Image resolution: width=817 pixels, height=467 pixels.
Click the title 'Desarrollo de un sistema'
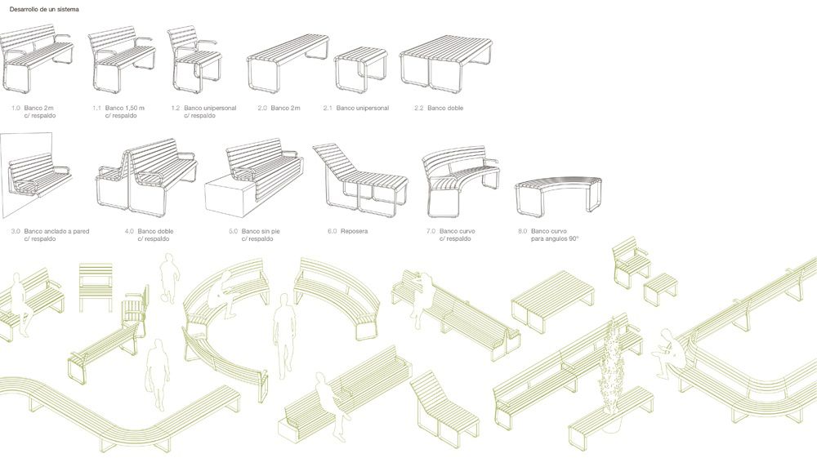coord(44,9)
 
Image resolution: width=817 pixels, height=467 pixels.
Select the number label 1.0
coord(16,109)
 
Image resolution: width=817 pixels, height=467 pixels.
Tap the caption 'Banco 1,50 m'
coord(125,109)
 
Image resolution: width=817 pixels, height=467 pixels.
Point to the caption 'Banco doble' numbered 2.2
coord(445,109)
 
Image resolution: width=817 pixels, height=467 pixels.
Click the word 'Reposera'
coord(355,231)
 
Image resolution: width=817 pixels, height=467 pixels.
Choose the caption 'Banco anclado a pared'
coord(57,231)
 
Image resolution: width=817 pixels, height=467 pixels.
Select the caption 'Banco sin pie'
coord(261,231)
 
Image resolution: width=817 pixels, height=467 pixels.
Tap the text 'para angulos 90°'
coord(555,239)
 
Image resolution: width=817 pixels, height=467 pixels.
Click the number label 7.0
coord(431,231)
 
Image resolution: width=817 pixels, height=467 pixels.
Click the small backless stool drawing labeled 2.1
coord(360,69)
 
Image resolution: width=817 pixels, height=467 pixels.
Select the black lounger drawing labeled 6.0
coord(360,177)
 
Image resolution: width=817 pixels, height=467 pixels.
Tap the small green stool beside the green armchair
coord(661,290)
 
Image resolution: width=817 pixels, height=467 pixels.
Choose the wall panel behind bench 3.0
coord(26,175)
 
